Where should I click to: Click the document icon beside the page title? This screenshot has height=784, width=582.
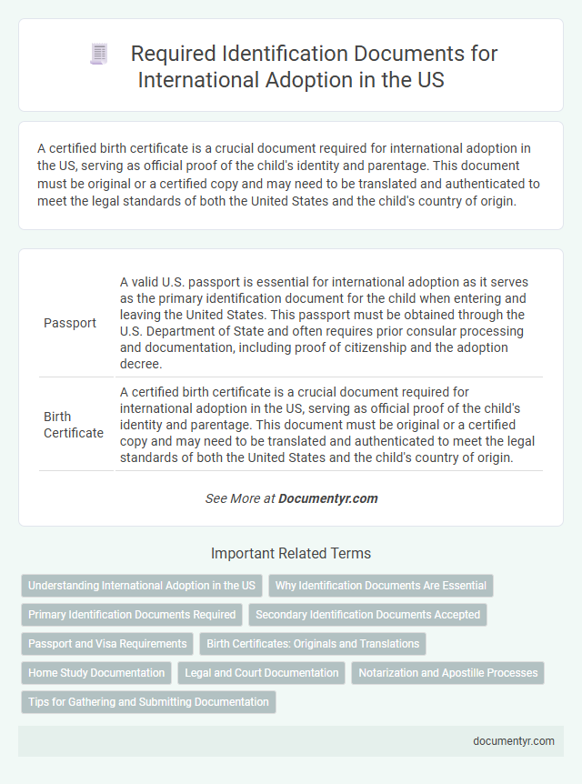click(98, 55)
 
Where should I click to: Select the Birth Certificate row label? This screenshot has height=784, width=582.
click(74, 425)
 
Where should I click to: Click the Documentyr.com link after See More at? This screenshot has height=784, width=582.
click(327, 498)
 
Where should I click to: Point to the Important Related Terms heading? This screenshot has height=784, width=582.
click(291, 553)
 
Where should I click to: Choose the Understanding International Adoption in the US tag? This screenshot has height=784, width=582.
click(142, 586)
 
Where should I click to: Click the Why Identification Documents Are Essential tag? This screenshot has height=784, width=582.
click(381, 586)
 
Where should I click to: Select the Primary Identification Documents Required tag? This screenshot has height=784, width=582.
click(132, 615)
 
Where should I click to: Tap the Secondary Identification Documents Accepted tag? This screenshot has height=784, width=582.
click(367, 615)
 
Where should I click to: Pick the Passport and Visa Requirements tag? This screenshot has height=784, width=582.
click(107, 644)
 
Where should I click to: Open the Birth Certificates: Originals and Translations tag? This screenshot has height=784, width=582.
click(313, 644)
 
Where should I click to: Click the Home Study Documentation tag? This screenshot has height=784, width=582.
click(96, 673)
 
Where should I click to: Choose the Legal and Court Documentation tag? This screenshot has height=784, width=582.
click(261, 673)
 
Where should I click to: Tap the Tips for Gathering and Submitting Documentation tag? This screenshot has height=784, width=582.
click(148, 702)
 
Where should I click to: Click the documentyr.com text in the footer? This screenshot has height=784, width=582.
click(514, 741)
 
